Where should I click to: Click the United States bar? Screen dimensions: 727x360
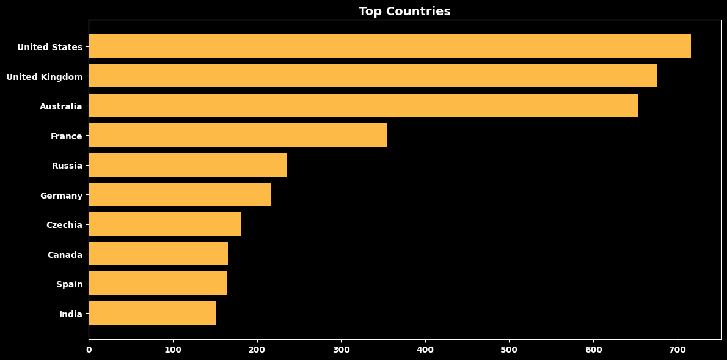tap(390, 46)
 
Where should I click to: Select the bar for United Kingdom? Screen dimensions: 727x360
tap(373, 76)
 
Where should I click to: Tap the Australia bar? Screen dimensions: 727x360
tap(363, 105)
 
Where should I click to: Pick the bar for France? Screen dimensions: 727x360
tap(238, 135)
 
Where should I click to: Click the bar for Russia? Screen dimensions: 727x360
tap(188, 164)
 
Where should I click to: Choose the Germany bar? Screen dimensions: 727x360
tap(180, 194)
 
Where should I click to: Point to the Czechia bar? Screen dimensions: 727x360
tap(164, 224)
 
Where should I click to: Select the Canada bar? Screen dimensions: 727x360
tap(159, 254)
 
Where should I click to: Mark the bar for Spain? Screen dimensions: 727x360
tap(158, 284)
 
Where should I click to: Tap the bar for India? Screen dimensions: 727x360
tap(152, 313)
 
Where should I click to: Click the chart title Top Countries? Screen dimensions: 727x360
tap(404, 11)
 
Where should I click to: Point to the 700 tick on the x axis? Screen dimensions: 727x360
tap(678, 349)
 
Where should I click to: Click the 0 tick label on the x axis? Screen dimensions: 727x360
tap(89, 349)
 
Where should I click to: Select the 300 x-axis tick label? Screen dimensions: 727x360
tap(342, 349)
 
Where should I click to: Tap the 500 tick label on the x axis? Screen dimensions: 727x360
tap(509, 349)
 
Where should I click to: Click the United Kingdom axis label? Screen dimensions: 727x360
tap(44, 77)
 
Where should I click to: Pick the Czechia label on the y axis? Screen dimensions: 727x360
tap(64, 225)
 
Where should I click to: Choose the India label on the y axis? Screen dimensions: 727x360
tap(71, 314)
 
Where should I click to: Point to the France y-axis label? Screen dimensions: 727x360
tap(67, 136)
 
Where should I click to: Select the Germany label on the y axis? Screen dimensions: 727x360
tap(61, 196)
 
